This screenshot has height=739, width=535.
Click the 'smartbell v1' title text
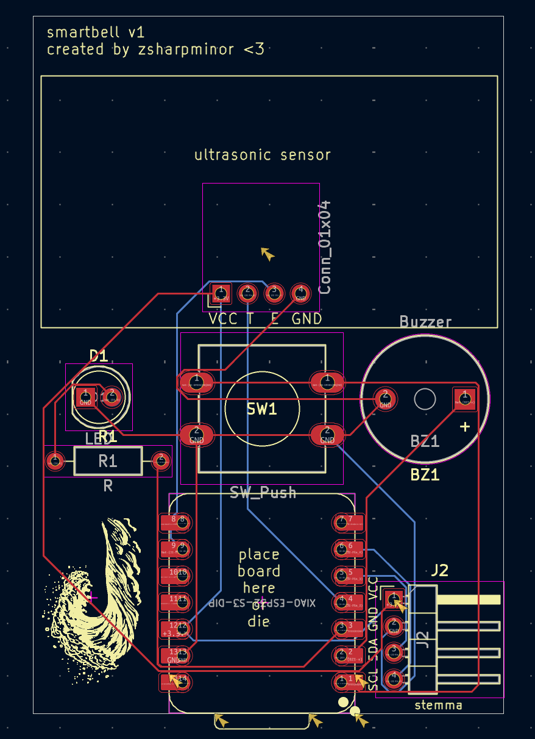point(96,32)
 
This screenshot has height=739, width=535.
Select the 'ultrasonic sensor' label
point(263,155)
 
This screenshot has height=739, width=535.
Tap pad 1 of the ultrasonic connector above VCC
point(221,293)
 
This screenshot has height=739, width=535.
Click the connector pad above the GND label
point(300,293)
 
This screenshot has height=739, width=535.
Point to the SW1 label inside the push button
point(262,409)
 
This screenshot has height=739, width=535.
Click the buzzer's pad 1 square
point(464,399)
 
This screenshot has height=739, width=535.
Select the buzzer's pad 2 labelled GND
point(385,399)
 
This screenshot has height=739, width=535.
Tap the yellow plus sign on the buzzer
point(465,427)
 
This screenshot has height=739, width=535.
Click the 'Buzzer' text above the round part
point(426,321)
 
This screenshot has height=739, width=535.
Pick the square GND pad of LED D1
point(85,398)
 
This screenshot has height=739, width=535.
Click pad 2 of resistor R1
point(161,461)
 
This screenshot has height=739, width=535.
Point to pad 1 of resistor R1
point(55,461)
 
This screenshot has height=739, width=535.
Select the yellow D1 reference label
point(98,356)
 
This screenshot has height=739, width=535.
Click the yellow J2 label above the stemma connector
point(439,571)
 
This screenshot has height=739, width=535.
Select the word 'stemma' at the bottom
point(438,705)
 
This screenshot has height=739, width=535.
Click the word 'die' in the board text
point(259,622)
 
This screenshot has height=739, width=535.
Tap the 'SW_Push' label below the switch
point(263,493)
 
